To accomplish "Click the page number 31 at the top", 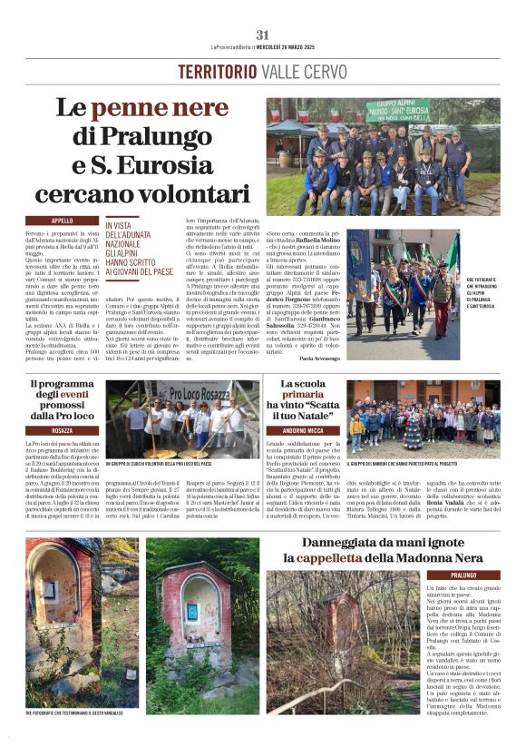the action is tap(262, 35).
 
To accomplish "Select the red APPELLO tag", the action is tap(63, 221).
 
